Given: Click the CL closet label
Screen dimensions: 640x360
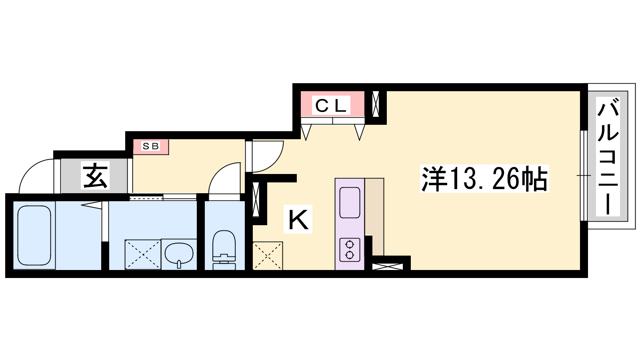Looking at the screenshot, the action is (x=331, y=106).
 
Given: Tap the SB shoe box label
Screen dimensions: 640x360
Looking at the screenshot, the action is (x=150, y=146).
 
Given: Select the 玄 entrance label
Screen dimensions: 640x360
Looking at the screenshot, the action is (x=95, y=176).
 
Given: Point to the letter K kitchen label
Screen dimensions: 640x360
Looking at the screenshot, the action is (x=298, y=220).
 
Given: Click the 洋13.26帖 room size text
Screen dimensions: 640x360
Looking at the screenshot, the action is (x=484, y=178).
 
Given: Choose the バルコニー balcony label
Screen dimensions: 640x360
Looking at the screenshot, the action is (x=608, y=156).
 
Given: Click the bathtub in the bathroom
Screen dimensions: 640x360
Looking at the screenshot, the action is (x=34, y=236).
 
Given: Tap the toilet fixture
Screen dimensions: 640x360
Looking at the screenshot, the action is (x=224, y=250).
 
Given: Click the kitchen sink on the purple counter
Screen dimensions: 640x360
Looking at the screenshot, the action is (x=350, y=202).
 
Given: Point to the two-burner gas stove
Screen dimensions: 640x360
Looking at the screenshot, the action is (x=350, y=250).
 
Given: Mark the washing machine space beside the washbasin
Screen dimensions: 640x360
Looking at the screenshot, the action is (x=143, y=254).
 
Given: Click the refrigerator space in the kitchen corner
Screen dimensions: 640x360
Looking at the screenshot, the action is (x=268, y=256).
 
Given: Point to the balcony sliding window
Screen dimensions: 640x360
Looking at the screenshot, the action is (x=584, y=176).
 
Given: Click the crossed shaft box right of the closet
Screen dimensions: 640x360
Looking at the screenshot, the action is (x=376, y=104).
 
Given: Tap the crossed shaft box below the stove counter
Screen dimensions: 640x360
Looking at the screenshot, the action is (x=388, y=266).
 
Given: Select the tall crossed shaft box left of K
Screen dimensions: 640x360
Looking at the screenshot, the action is (x=256, y=199).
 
